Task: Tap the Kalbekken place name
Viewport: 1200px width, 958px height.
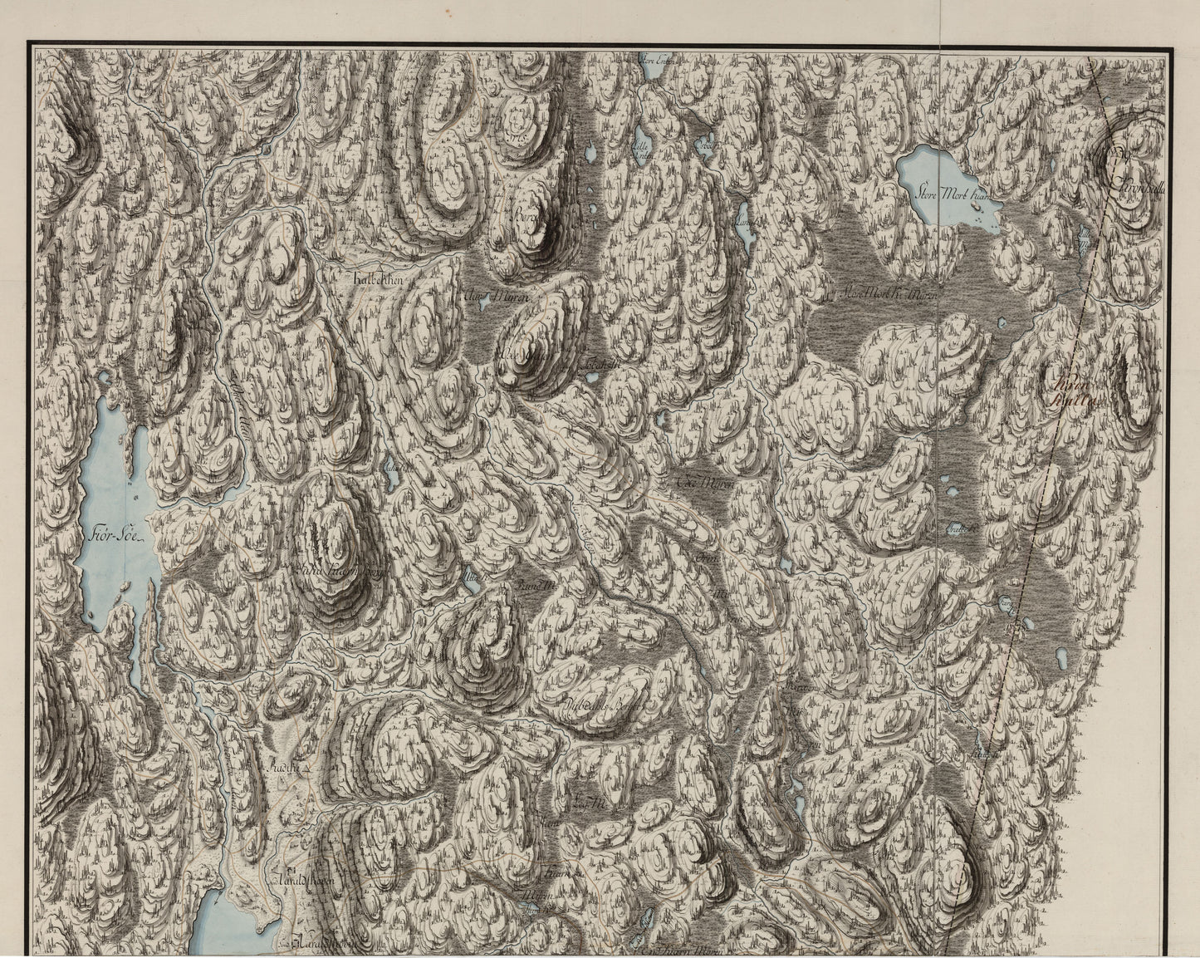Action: click(x=377, y=280)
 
